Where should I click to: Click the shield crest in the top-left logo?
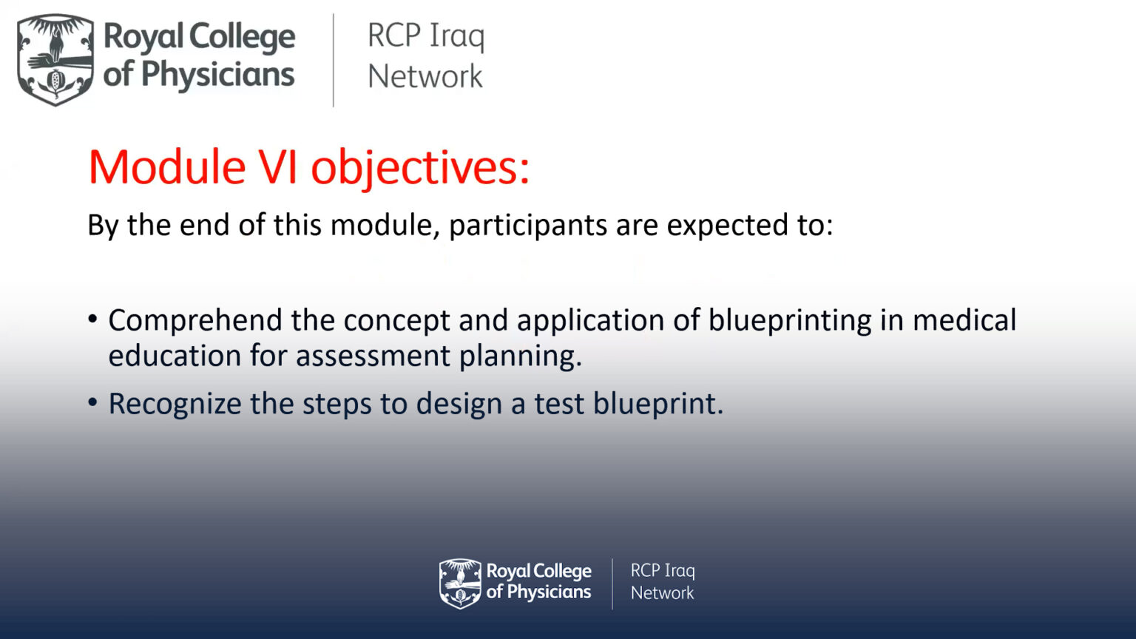(x=55, y=59)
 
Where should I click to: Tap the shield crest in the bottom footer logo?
(x=460, y=584)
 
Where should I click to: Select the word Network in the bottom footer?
(x=662, y=593)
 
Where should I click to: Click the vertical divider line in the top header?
(x=334, y=60)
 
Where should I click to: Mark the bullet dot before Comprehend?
(x=92, y=319)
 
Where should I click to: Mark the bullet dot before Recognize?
(x=92, y=403)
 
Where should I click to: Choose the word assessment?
(x=373, y=356)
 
